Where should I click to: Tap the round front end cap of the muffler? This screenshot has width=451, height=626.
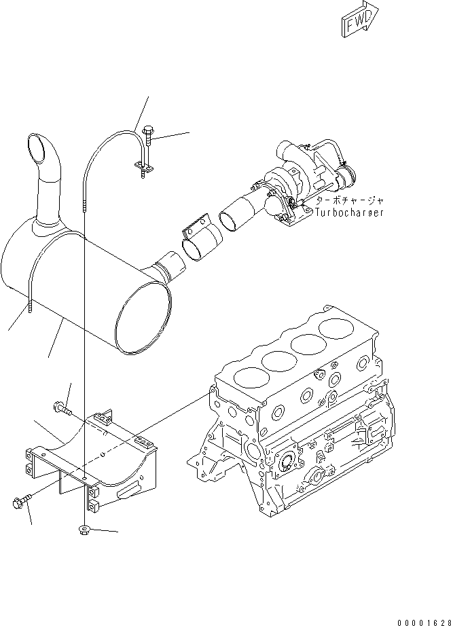tap(143, 319)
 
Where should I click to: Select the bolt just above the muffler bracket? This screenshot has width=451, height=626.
tap(60, 409)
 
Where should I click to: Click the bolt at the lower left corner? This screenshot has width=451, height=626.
tap(20, 503)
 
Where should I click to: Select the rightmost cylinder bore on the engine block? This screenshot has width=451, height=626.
tap(340, 329)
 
